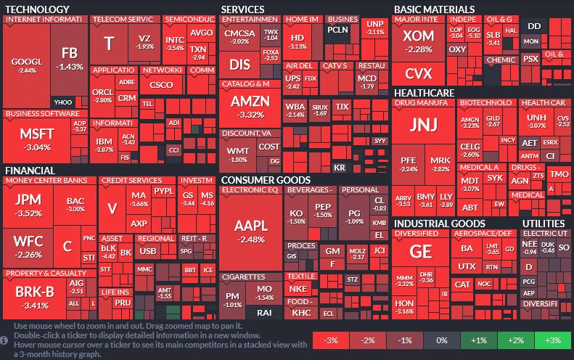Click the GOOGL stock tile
27,65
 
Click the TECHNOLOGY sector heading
37,9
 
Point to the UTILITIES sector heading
544,223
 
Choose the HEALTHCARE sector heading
424,93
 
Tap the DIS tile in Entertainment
239,65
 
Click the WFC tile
28,244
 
